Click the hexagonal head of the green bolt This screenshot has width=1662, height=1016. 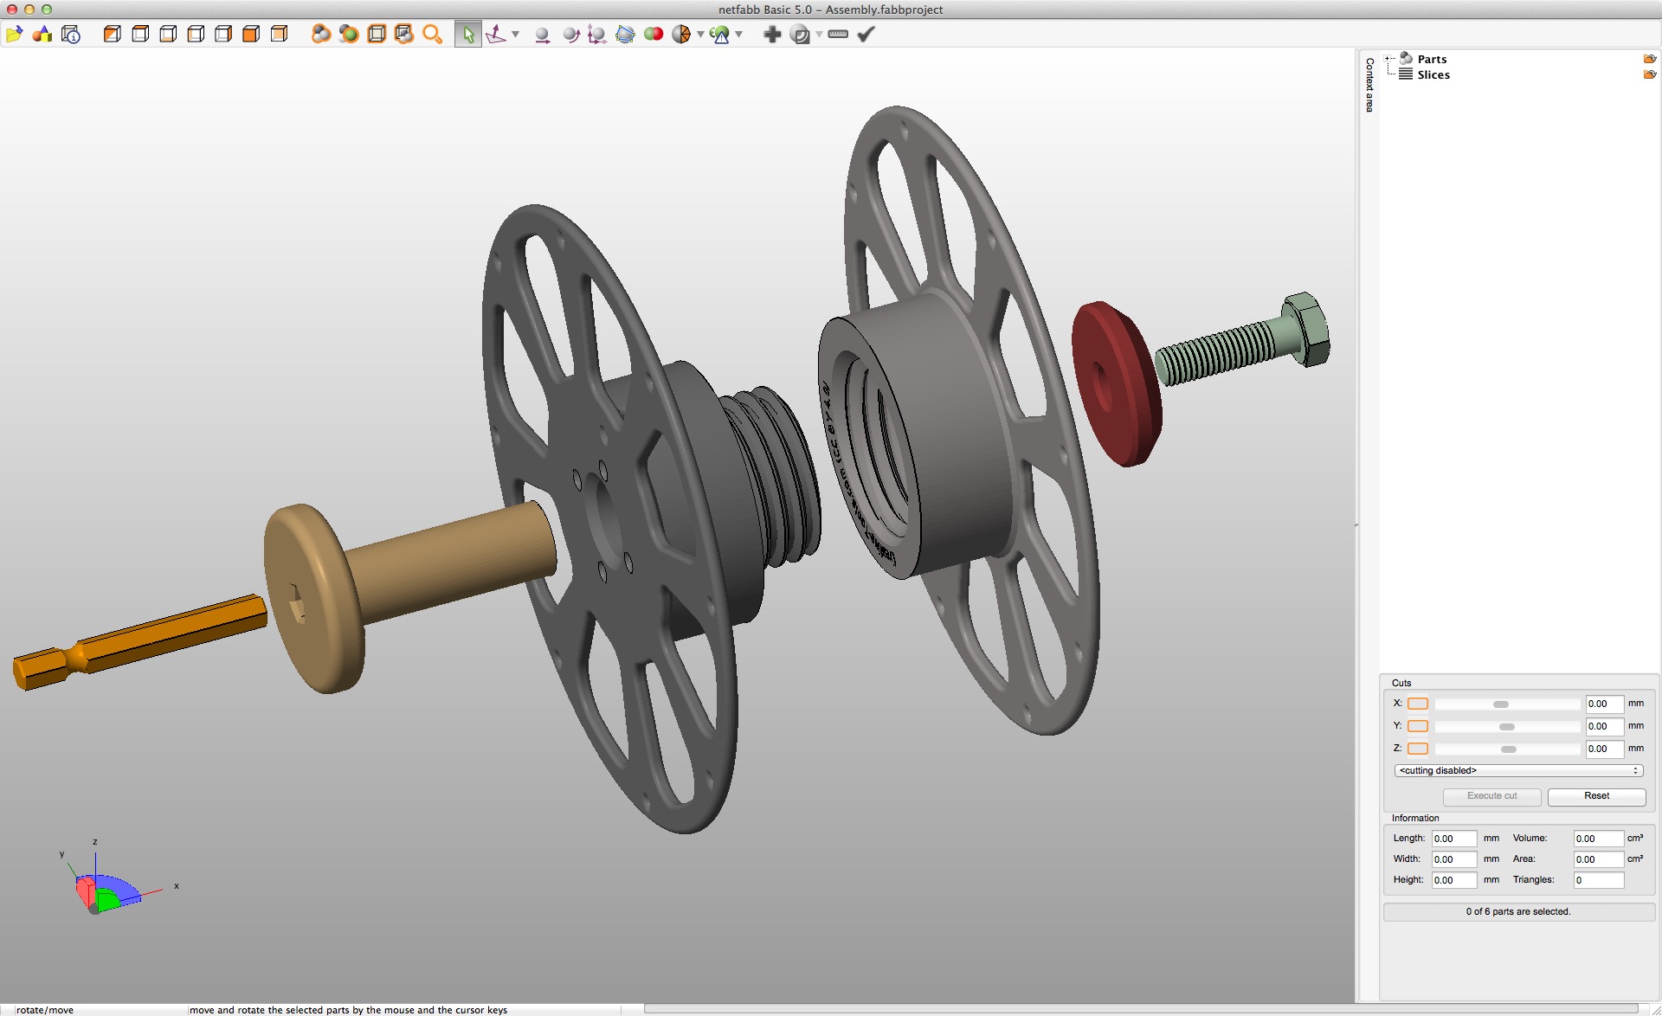[1307, 329]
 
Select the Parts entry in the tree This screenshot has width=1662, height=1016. [1432, 59]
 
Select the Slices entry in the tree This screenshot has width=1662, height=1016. [1433, 74]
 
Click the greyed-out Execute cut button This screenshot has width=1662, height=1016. [1491, 796]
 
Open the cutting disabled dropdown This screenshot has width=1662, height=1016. [1518, 770]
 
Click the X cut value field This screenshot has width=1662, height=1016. [1603, 704]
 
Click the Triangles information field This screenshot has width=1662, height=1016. [1598, 880]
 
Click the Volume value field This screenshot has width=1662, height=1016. [1598, 839]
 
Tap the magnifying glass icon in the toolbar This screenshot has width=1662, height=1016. [432, 35]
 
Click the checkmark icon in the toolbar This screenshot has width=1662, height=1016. [866, 34]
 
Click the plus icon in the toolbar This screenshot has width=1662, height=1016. [772, 34]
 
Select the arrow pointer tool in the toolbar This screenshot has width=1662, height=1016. [468, 35]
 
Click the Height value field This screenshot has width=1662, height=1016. [1453, 880]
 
